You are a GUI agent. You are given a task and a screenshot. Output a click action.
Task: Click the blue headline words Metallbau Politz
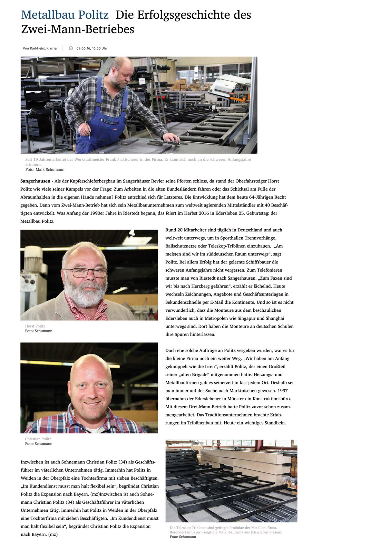(65, 15)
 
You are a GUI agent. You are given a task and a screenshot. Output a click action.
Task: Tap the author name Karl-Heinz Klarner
(43, 48)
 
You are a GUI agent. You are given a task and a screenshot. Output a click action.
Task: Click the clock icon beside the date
(71, 48)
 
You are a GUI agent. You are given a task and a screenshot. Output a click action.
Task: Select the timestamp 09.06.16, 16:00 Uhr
(91, 48)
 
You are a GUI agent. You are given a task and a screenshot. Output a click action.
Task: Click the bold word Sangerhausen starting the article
(35, 181)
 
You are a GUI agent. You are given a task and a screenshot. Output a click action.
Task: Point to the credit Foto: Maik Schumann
(45, 170)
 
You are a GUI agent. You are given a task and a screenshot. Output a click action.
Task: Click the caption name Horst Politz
(35, 326)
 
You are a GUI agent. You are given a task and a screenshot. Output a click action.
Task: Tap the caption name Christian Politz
(38, 439)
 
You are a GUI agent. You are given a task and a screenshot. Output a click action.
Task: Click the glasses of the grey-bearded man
(86, 272)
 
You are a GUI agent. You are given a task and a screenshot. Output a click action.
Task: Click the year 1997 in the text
(282, 391)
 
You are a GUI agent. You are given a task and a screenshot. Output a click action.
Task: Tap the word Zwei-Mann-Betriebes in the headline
(78, 29)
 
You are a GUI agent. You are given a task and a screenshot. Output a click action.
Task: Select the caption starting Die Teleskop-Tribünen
(223, 528)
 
